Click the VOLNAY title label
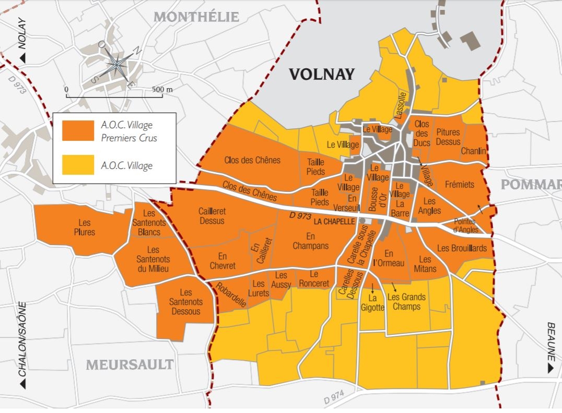322,75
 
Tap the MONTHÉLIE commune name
196,17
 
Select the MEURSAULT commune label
130,364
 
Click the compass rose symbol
118,65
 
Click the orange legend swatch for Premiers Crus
78,131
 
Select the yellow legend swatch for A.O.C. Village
78,165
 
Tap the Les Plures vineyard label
84,227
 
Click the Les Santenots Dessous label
185,302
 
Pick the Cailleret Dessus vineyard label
212,216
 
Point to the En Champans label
310,241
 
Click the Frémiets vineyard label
460,185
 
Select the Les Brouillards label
462,248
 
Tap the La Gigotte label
373,302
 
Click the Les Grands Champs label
406,302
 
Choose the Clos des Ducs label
421,132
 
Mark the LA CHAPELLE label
334,221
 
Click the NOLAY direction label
22,42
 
